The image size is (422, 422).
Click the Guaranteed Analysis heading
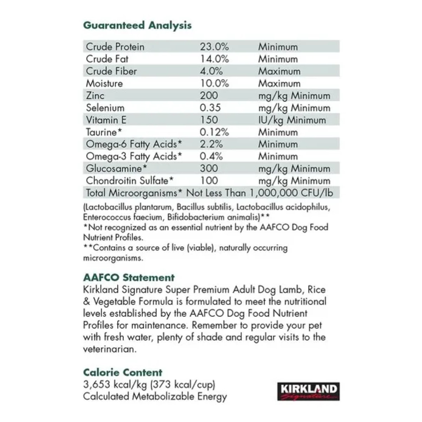point(137,25)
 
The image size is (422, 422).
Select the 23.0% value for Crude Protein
point(214,47)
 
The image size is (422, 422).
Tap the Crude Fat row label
point(107,59)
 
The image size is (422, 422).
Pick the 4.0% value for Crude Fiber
point(211,71)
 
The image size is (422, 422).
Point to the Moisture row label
point(104,83)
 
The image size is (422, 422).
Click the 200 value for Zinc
point(209,95)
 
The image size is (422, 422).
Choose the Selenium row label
point(105,108)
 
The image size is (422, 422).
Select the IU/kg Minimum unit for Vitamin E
point(292,120)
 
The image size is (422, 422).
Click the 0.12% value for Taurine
point(214,132)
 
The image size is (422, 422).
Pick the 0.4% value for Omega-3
point(211,156)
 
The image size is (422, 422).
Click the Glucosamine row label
point(116,168)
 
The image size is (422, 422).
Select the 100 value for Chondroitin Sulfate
point(209,181)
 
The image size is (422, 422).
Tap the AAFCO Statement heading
point(129,277)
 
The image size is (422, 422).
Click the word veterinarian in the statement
point(109,349)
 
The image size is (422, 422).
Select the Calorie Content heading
point(123,372)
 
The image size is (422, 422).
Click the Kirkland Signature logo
point(308,391)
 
